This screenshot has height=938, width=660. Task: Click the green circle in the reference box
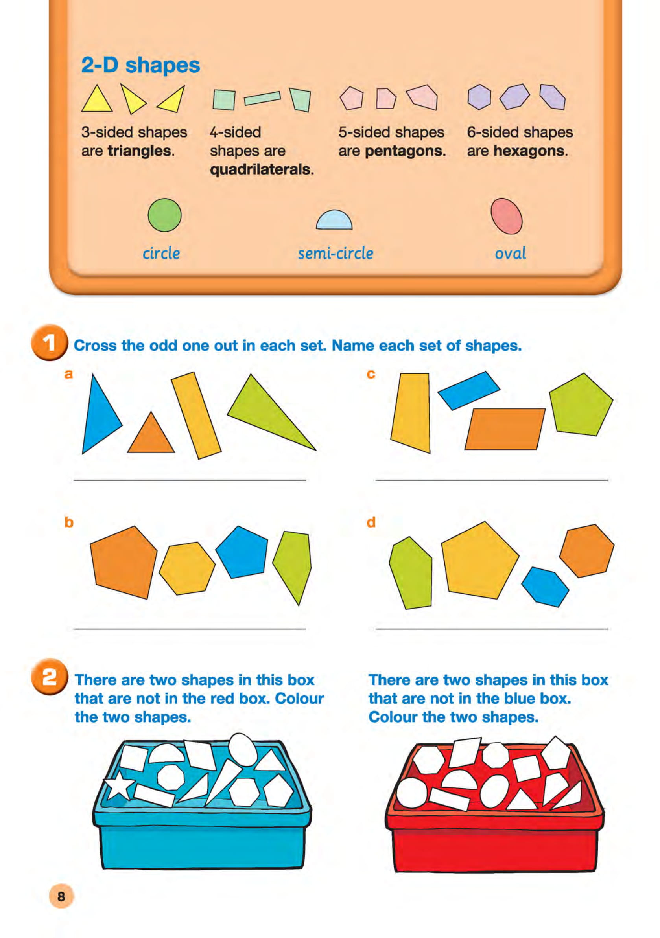coord(164,215)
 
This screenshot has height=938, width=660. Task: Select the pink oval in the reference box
coord(506,216)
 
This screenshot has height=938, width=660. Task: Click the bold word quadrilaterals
coord(262,169)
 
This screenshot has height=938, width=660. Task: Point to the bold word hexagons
coord(530,151)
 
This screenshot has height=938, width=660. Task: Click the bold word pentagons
coord(404,151)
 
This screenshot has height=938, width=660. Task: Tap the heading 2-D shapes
coord(140,65)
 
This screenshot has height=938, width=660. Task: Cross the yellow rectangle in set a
coord(196,415)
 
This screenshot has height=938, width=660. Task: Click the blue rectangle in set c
coord(469,390)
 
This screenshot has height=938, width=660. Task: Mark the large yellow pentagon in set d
coord(479,561)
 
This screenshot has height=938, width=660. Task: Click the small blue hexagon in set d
coord(545,587)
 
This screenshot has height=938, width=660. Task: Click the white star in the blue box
coord(119,785)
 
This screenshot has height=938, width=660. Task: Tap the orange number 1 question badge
coord(49,342)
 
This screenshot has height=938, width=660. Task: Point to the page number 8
coord(61,896)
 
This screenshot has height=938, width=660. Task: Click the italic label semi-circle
coord(336,253)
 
